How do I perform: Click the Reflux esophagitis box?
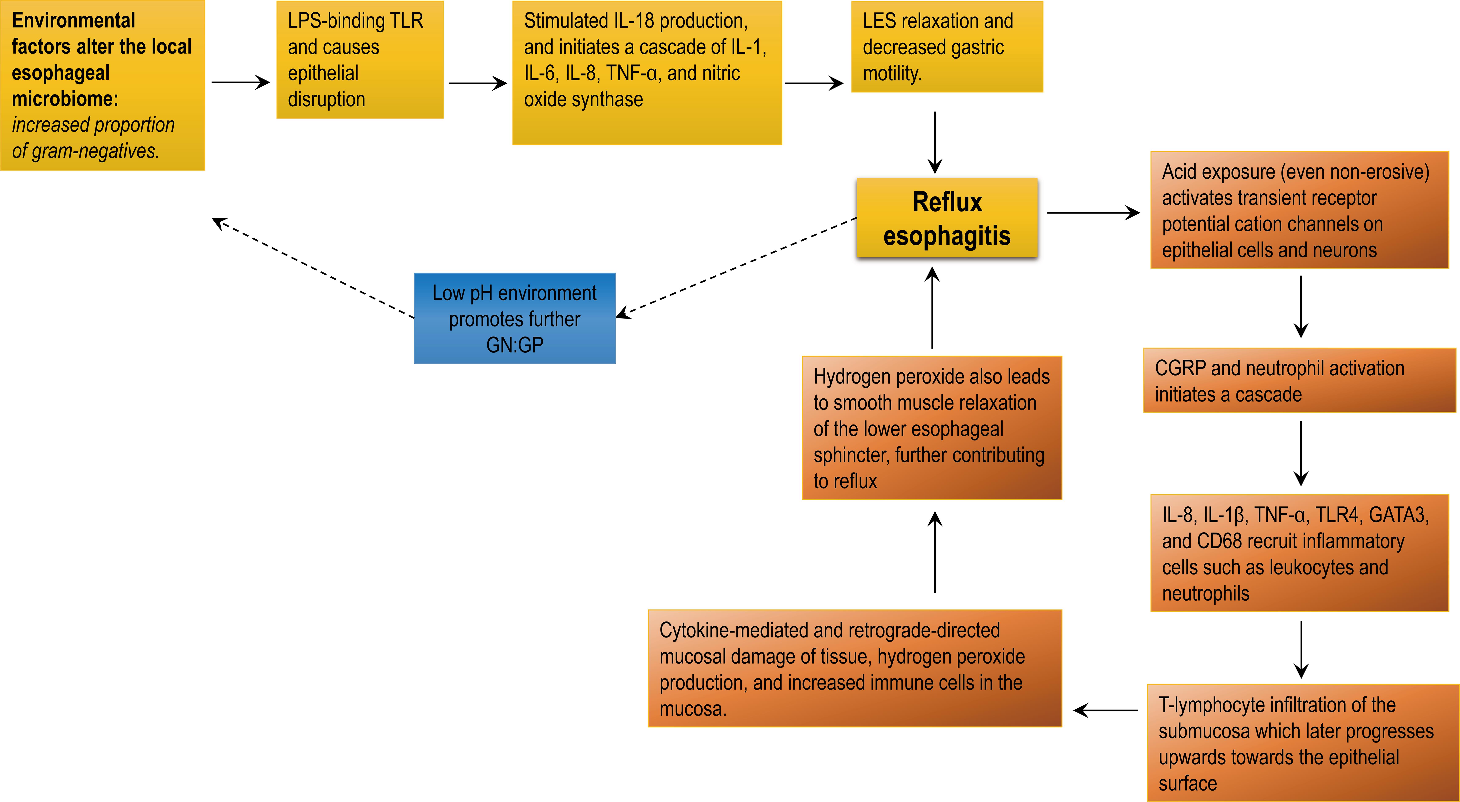tap(947, 218)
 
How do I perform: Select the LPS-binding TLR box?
tap(359, 59)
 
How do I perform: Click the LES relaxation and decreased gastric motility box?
tap(947, 47)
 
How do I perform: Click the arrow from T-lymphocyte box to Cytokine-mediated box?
tap(1105, 710)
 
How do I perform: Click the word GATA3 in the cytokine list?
tap(1398, 515)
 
